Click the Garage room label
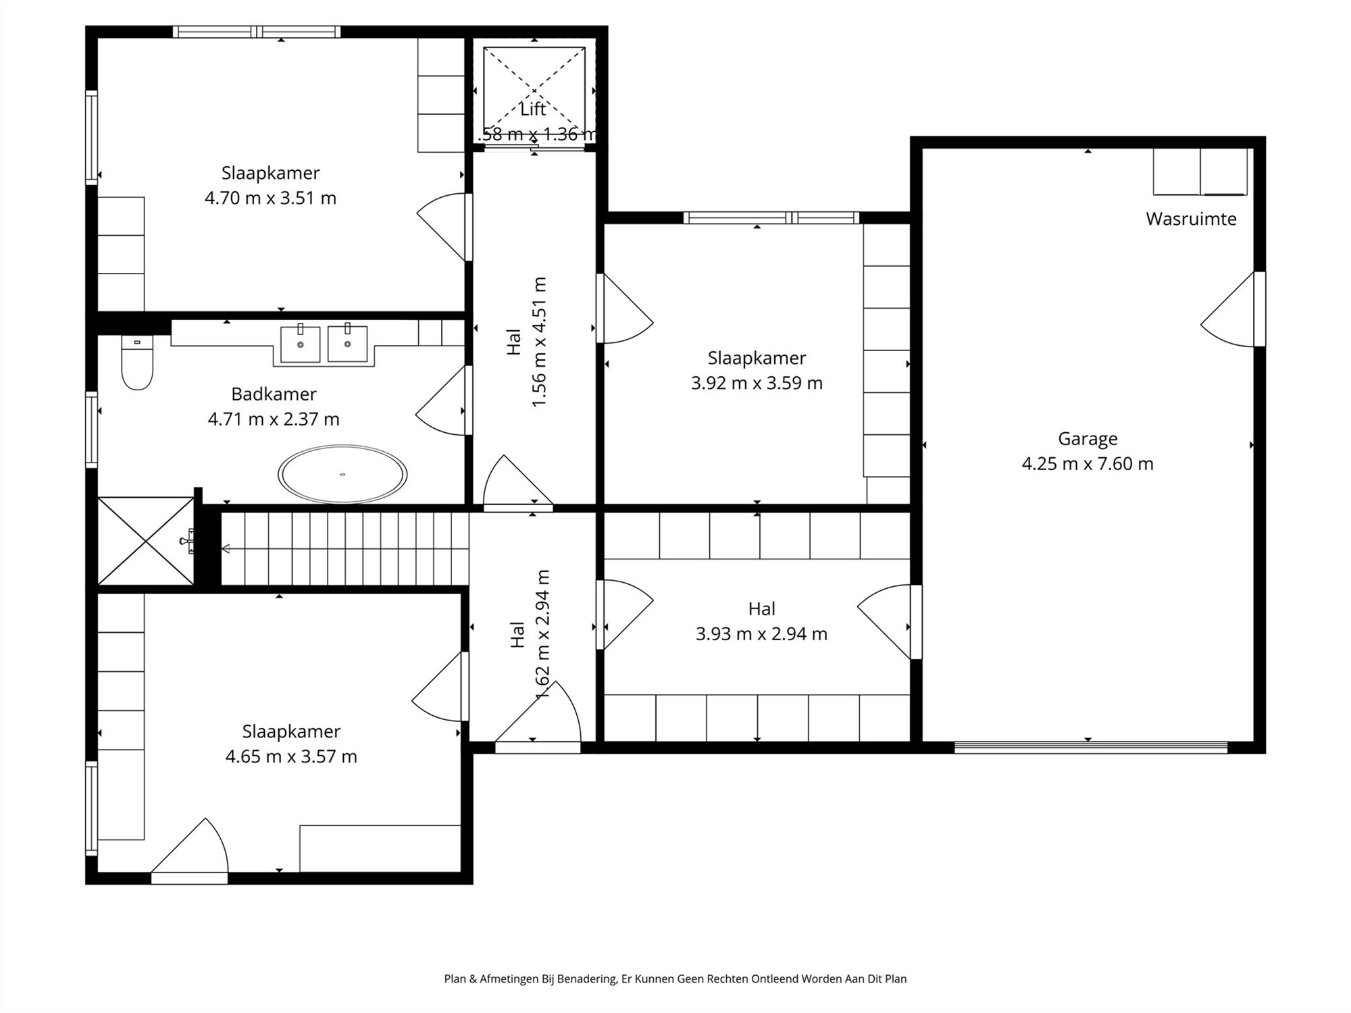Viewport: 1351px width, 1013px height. point(1088,439)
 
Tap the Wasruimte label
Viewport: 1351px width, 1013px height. point(1191,219)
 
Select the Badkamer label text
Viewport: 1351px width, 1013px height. point(274,394)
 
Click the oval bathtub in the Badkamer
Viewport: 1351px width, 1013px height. point(342,474)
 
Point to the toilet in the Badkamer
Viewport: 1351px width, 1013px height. point(137,363)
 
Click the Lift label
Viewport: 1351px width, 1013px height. point(533,109)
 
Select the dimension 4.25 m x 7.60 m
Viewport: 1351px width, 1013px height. point(1088,464)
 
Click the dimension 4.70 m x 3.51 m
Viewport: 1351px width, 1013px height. point(270,198)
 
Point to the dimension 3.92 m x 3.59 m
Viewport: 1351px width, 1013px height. point(757,383)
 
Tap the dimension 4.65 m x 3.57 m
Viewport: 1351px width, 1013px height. point(291,756)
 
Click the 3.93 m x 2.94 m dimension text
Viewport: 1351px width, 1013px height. point(761,633)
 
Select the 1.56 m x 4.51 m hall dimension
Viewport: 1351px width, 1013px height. point(539,342)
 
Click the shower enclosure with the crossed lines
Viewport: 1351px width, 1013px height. point(146,541)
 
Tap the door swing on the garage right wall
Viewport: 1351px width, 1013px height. point(1228,310)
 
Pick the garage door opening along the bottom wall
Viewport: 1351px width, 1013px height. point(1091,747)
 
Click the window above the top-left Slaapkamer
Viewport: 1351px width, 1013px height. point(257,32)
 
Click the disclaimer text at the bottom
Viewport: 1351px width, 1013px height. point(675,979)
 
